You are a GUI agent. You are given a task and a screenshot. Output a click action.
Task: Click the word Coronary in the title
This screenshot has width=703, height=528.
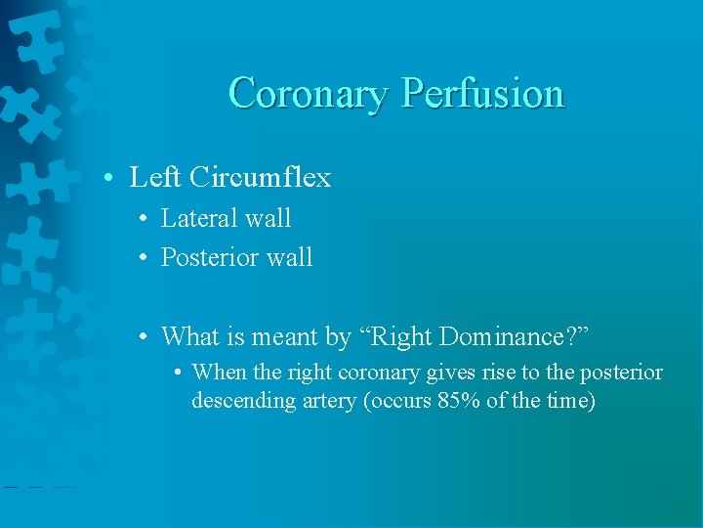(x=310, y=94)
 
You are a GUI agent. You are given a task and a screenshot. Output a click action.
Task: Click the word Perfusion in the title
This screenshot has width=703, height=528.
(x=483, y=94)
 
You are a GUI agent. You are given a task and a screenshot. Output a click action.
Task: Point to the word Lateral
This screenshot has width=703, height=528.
(x=199, y=218)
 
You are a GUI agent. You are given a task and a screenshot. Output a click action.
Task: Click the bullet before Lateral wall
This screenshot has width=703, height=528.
(x=144, y=219)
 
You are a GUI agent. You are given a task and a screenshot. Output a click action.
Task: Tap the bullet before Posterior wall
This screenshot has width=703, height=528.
(x=144, y=258)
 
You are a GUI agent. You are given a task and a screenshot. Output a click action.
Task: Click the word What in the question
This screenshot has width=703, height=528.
(x=189, y=336)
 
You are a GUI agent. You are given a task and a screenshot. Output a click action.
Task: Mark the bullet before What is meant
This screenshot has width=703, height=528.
(x=144, y=337)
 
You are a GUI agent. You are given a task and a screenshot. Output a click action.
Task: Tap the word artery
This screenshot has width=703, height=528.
(x=328, y=401)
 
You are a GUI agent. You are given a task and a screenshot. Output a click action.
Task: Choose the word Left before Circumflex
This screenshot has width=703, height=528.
(x=156, y=178)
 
